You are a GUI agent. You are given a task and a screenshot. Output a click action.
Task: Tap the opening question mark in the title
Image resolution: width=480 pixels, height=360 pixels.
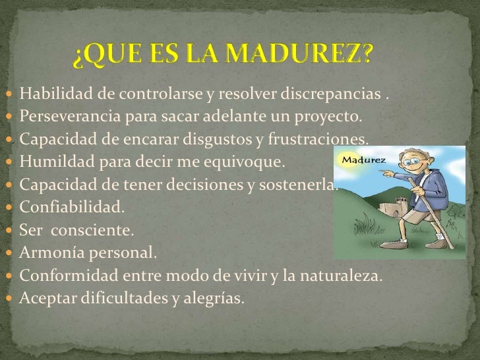[79, 59]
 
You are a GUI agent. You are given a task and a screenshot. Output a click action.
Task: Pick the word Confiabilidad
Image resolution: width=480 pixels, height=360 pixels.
[71, 207]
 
